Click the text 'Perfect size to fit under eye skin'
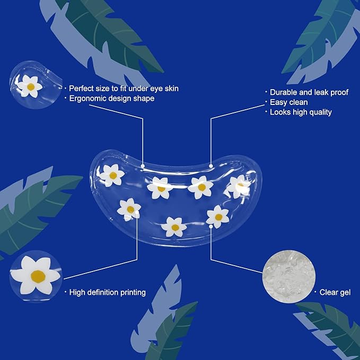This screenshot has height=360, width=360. click(124, 88)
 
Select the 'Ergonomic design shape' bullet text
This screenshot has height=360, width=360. click(112, 99)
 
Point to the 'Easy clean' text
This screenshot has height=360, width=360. click(289, 102)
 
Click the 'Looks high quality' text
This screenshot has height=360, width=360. click(301, 112)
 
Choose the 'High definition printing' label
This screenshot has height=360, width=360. click(108, 292)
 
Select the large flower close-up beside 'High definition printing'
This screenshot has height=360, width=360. click(36, 275)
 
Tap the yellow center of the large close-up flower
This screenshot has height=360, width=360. click(38, 276)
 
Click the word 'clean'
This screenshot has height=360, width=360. click(298, 102)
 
